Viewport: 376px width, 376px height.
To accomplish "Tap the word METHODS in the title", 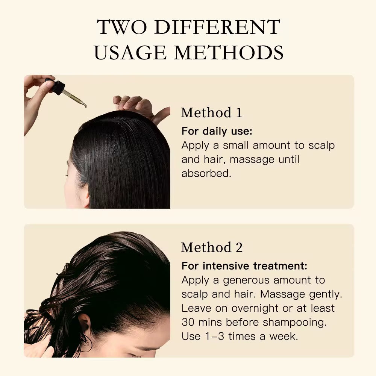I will (229, 53).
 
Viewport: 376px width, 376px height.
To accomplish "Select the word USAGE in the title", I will (130, 53).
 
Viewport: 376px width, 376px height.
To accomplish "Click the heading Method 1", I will (212, 113).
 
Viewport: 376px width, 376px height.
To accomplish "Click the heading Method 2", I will (212, 247).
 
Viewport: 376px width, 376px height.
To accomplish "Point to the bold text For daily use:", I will (217, 131).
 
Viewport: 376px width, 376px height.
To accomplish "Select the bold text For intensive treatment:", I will (244, 266).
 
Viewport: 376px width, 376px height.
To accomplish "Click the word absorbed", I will (206, 173).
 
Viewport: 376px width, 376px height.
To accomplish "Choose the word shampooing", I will (296, 322).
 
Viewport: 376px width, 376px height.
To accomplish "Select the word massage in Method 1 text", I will (252, 159).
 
